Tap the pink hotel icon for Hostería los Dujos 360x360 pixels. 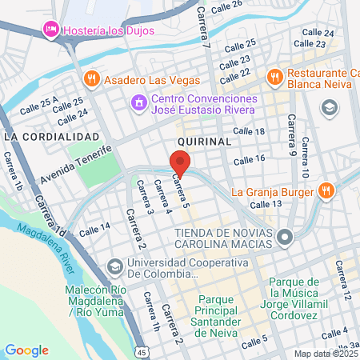50,29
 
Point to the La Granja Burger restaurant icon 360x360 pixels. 325,191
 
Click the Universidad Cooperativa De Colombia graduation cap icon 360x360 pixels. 114,265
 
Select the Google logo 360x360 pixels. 26,350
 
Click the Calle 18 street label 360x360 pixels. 249,130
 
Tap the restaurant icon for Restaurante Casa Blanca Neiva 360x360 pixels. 275,77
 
